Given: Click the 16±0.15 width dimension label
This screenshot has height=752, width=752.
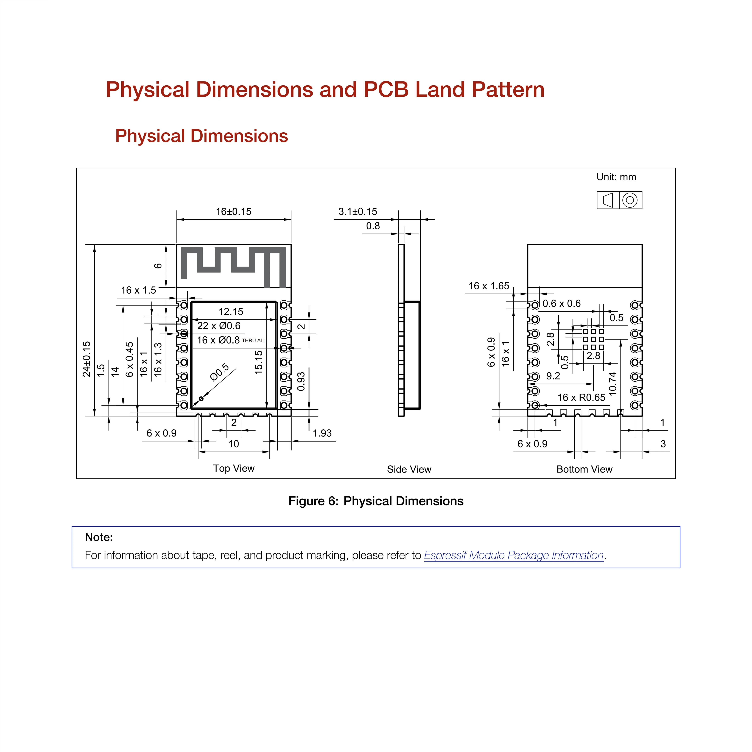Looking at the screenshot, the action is point(234,212).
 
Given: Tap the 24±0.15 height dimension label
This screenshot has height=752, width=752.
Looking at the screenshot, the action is point(86,359).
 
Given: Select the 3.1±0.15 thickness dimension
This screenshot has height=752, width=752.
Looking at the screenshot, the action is point(358,212).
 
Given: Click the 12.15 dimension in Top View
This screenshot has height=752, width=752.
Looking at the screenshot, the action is point(231,312).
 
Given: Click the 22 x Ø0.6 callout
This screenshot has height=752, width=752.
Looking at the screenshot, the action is point(219,326).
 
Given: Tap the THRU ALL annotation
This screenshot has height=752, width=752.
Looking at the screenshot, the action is point(254,341).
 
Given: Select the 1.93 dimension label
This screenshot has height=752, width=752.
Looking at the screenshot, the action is point(322,433).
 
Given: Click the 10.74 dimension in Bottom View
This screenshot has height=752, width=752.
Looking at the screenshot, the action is point(613,384).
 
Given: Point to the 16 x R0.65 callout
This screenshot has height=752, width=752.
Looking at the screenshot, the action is point(582,397).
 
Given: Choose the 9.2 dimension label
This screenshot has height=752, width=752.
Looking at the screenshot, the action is point(553,376).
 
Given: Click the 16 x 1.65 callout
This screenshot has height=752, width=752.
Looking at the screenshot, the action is point(489,286).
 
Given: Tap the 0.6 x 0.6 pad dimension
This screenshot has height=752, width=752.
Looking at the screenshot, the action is point(562,304).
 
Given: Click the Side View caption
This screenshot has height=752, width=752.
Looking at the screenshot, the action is point(409,469).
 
